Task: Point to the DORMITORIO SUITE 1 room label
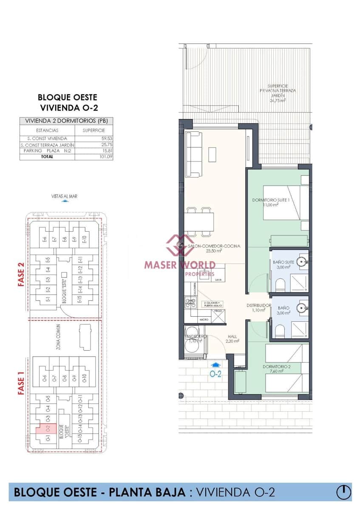pos(271,202)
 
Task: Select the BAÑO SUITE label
pos(281,264)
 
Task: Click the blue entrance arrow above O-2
pos(216,365)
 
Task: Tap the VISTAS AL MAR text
pos(64,196)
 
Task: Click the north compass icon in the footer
pos(343,492)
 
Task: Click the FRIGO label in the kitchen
pos(218,312)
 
